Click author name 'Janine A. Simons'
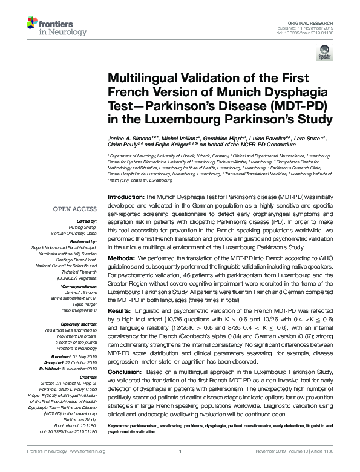128,139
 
